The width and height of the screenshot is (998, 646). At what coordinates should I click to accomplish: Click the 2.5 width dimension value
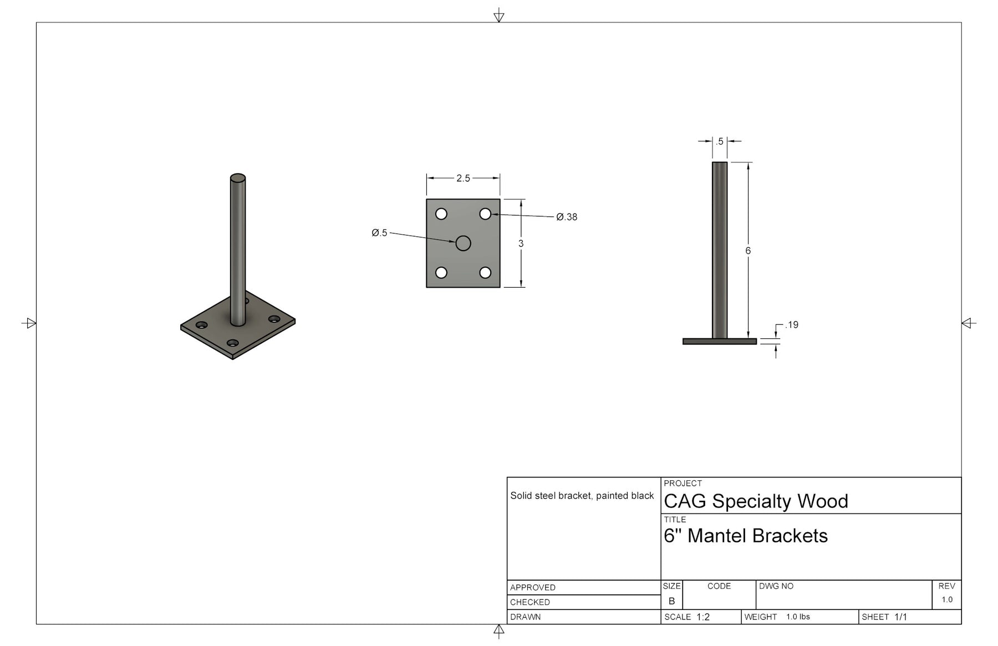tap(463, 178)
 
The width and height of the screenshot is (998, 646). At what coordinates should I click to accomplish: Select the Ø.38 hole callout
tap(567, 217)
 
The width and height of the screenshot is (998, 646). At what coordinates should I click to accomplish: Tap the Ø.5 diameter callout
tap(379, 233)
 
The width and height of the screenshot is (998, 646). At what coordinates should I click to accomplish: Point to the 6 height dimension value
tap(748, 251)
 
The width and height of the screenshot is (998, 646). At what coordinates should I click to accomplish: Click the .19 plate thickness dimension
tap(792, 325)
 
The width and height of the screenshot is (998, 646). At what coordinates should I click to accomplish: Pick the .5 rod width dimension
tap(719, 141)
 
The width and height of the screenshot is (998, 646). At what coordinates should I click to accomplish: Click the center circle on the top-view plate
tap(463, 243)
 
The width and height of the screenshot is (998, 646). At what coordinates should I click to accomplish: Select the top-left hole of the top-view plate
tap(441, 213)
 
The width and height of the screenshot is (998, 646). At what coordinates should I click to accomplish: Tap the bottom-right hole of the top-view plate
tap(485, 272)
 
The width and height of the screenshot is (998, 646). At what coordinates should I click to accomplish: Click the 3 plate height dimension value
tap(521, 243)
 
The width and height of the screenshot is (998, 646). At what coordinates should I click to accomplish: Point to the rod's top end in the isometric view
tap(238, 178)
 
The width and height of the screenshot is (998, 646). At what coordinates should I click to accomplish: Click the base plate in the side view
tap(719, 342)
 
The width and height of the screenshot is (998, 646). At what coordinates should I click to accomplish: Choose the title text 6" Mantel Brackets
tap(745, 536)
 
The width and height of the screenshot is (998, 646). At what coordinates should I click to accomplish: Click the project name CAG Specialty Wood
tap(756, 501)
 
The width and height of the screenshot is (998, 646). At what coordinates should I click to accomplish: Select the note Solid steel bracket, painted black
tap(582, 496)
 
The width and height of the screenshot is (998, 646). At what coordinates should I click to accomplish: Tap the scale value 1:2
tap(703, 617)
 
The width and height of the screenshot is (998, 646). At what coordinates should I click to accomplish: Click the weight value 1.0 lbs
tap(798, 617)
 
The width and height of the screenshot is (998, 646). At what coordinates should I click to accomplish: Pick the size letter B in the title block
tap(671, 601)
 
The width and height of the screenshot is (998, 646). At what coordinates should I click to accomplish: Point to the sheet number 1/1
tap(900, 617)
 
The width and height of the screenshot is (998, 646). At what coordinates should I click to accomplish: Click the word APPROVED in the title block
tap(532, 588)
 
